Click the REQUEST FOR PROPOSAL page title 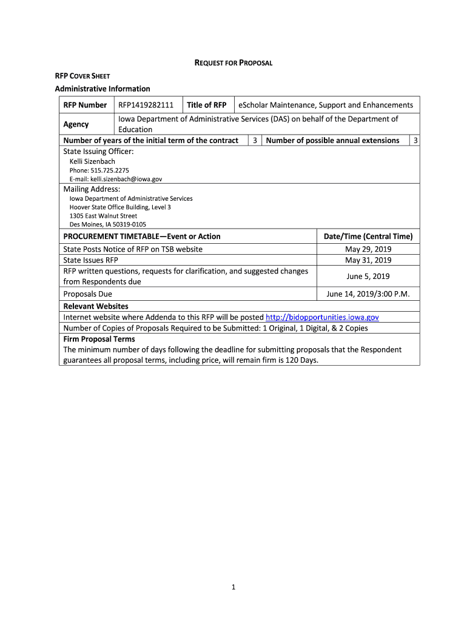233,62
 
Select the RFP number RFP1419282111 146,105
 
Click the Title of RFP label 206,105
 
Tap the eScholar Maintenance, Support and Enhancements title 325,105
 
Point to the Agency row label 76,124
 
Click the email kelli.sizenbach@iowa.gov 116,180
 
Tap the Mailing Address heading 92,189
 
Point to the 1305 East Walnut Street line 103,216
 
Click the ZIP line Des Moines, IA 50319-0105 107,224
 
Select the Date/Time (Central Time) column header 368,237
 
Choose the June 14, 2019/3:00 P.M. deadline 368,294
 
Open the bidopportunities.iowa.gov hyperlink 322,317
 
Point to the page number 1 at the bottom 233,587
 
